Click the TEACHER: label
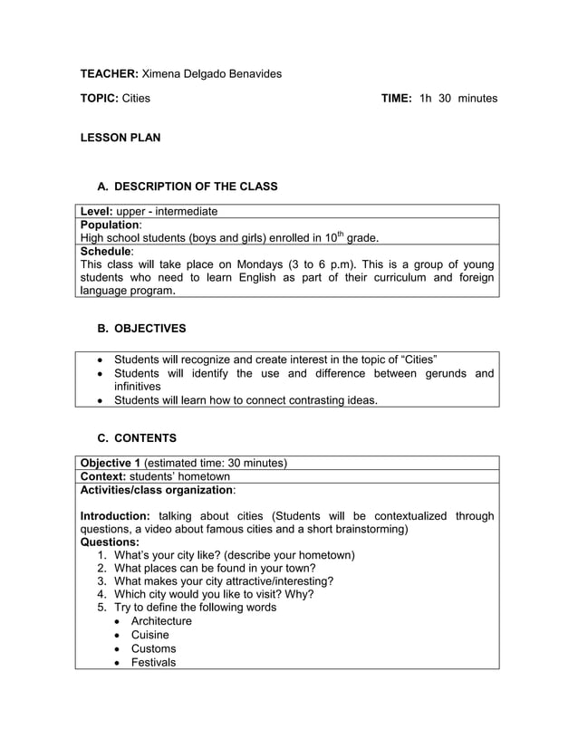point(110,72)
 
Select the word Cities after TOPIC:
point(136,98)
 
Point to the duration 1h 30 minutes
point(458,98)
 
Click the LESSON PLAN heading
point(120,139)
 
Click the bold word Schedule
point(106,251)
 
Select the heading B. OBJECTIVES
point(150,328)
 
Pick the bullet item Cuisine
point(149,635)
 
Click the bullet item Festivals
point(153,662)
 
